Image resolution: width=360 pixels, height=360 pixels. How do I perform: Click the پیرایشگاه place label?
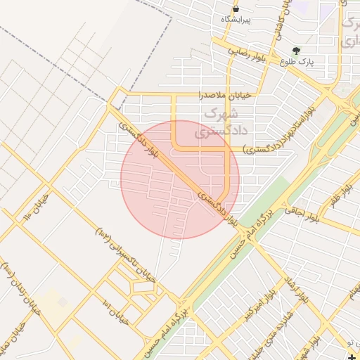236,19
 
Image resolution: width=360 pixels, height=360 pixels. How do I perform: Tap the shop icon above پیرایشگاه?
236,8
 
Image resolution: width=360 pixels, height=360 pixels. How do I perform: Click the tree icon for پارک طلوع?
296,51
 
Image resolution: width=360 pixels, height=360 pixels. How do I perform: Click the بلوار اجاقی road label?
302,214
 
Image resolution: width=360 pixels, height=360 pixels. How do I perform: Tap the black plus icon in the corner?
352,357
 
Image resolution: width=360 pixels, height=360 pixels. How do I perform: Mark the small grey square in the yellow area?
63,302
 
